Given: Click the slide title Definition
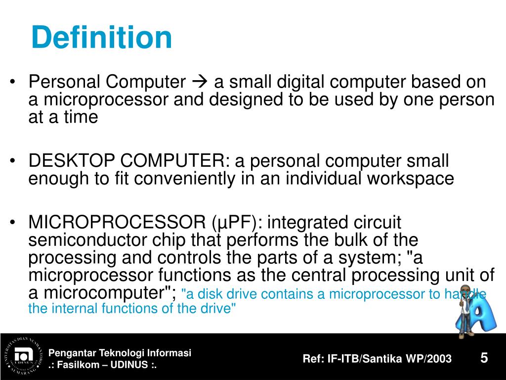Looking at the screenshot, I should [x=101, y=38].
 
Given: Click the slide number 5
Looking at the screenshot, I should [x=484, y=358].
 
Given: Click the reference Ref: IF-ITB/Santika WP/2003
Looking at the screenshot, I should [x=377, y=359].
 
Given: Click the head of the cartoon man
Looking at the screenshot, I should [x=464, y=292].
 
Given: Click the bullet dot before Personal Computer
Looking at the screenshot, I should [x=14, y=82].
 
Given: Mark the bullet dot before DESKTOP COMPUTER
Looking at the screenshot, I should [x=14, y=161].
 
